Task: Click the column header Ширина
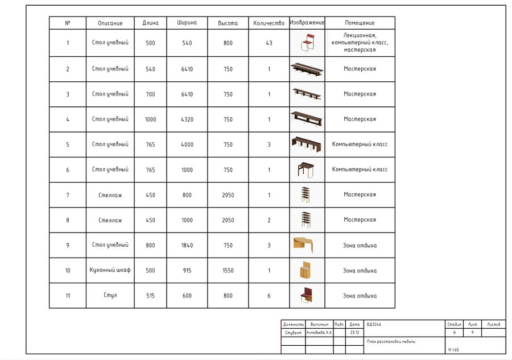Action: point(187,23)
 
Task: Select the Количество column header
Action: point(269,23)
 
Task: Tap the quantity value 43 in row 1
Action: point(269,43)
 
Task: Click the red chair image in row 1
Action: point(307,43)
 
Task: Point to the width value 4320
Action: point(187,119)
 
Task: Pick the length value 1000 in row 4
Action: point(150,119)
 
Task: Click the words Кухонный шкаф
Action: point(110,270)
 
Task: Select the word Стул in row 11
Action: point(110,296)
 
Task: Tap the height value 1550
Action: point(228,271)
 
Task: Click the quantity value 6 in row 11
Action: point(269,296)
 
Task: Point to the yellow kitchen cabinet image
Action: point(305,270)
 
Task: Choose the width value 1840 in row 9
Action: point(187,246)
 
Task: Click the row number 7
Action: point(68,195)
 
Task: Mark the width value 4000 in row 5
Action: point(187,144)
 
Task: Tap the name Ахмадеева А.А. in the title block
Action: point(319,332)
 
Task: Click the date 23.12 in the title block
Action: point(354,332)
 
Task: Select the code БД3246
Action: point(374,324)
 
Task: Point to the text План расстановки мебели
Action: point(391,342)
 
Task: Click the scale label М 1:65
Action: point(453,350)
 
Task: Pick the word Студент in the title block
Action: point(293,332)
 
